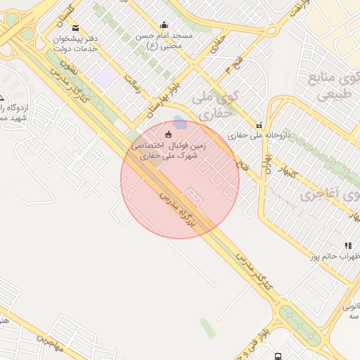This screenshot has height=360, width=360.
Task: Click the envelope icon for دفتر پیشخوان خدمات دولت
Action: coord(76,28)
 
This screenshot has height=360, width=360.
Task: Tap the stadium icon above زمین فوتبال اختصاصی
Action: coord(167,134)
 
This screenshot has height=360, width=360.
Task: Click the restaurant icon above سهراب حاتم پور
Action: coord(348,245)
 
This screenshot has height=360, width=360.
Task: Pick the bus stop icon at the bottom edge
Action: coord(279,356)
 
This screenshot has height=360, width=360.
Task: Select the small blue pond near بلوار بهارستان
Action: coord(180,122)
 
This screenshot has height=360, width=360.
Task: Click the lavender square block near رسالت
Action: coord(104,79)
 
